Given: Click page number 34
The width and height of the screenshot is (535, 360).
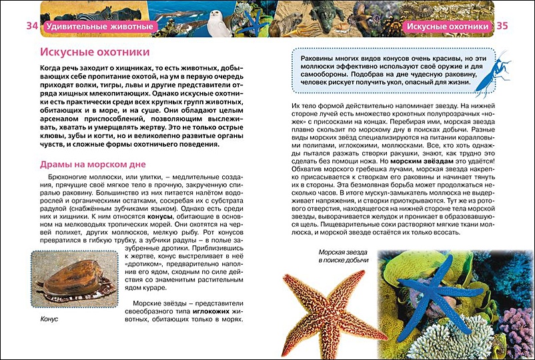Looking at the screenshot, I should [x=31, y=26].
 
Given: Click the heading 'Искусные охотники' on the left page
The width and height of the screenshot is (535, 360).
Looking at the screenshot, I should [x=94, y=52].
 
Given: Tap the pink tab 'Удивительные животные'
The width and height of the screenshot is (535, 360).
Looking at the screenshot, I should [x=99, y=27].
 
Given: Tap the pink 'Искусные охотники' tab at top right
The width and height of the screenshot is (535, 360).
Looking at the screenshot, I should [x=447, y=27].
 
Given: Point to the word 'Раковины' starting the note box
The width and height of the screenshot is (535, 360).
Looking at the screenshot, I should [x=319, y=58].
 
